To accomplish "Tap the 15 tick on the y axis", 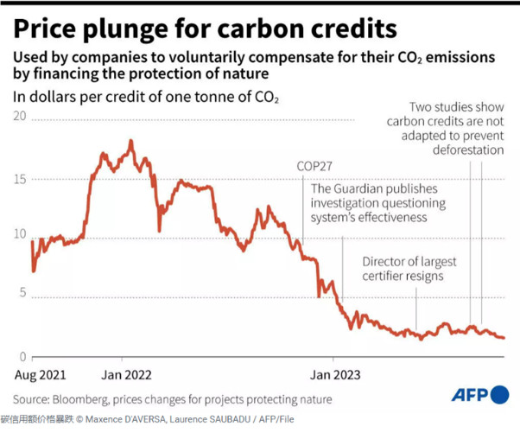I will [x=21, y=179].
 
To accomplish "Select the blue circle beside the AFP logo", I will [x=498, y=395].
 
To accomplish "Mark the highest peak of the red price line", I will [x=130, y=141].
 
